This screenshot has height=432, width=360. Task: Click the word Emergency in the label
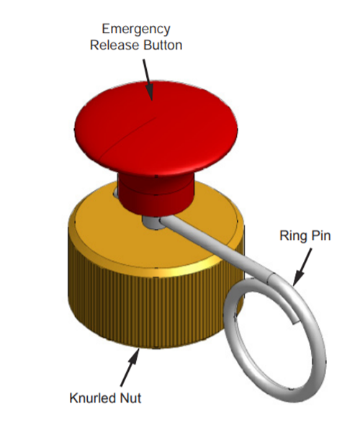136,30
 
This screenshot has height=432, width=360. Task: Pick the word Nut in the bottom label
130,398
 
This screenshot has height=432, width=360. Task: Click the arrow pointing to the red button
148,80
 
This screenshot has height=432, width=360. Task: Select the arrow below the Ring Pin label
302,266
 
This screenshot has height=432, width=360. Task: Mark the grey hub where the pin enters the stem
152,222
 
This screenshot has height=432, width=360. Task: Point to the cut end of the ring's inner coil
294,322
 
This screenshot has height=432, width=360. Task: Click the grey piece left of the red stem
115,192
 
